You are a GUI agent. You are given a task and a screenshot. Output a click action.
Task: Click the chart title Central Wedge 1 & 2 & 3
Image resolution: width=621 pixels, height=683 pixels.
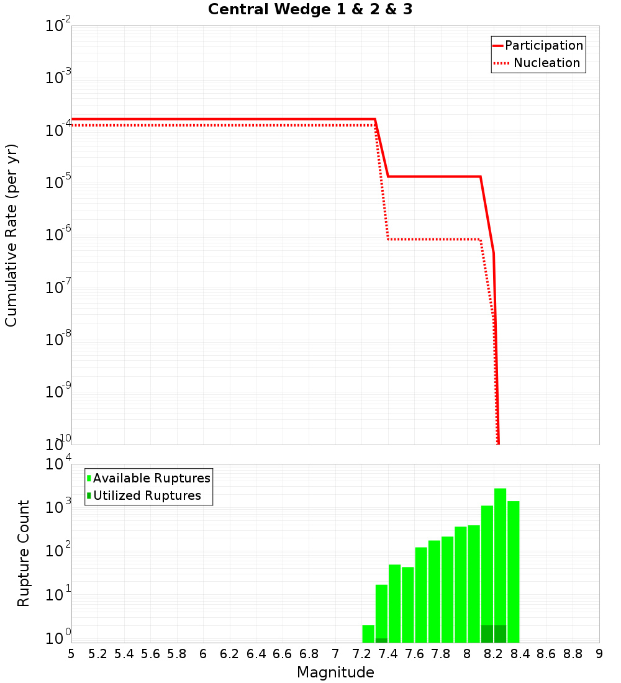[x=310, y=10]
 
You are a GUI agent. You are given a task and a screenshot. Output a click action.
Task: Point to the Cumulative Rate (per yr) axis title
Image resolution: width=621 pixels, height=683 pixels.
[x=11, y=235]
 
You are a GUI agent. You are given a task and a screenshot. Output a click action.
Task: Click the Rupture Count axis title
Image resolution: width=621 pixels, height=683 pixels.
[x=24, y=553]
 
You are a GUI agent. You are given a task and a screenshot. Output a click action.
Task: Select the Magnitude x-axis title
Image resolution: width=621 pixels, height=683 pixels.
[x=335, y=672]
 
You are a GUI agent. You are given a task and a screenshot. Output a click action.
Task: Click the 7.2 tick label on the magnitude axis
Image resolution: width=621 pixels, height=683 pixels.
[x=361, y=654]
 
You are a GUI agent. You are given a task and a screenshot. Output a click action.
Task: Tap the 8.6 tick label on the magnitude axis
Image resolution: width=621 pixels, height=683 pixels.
[x=546, y=654]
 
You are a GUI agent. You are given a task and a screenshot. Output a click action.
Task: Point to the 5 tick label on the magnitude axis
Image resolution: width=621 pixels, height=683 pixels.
[x=71, y=654]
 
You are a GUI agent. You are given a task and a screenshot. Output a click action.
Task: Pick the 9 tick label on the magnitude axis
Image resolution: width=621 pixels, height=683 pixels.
[x=599, y=654]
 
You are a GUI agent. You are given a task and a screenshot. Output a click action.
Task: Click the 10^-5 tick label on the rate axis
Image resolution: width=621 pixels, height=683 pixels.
[x=58, y=181]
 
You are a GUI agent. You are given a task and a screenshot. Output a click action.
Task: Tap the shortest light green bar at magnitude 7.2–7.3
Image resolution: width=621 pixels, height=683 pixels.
[x=368, y=634]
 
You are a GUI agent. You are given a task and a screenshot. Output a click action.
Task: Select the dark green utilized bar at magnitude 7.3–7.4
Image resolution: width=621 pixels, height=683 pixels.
[x=381, y=640]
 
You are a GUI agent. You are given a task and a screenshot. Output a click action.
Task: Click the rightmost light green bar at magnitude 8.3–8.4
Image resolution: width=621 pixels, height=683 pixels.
[x=513, y=571]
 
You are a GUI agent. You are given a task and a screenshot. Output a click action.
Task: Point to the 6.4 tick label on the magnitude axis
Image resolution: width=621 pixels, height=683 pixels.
[x=256, y=654]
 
